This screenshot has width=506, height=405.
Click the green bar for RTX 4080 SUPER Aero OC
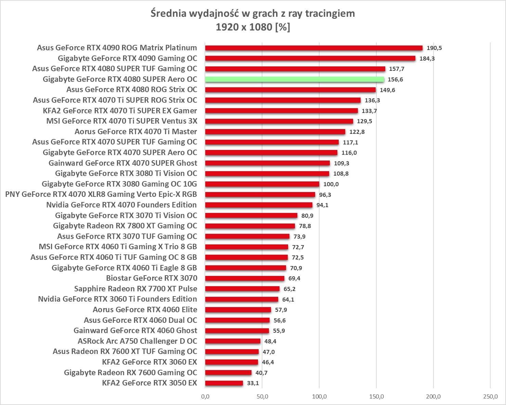click(x=294, y=79)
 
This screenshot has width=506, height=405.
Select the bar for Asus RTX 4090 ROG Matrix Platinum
click(x=314, y=48)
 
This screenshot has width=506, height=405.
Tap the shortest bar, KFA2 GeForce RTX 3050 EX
click(x=224, y=383)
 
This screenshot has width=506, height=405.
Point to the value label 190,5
click(x=434, y=48)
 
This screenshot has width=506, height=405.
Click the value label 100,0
click(x=331, y=184)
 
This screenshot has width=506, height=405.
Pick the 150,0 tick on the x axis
click(x=376, y=397)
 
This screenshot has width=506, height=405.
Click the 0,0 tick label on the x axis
click(x=205, y=397)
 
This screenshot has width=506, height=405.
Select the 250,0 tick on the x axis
click(x=490, y=397)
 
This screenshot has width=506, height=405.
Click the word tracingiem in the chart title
click(x=330, y=14)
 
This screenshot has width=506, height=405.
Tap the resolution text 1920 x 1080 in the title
click(x=244, y=27)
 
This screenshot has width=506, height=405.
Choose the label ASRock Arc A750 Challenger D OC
click(x=138, y=341)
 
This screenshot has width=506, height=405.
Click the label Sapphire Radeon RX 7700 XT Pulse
click(x=135, y=289)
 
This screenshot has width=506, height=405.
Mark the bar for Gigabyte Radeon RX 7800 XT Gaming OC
click(x=250, y=226)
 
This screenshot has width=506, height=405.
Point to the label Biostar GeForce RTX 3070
click(x=152, y=278)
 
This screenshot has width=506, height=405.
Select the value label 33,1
click(x=253, y=383)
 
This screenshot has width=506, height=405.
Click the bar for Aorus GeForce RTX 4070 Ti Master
click(x=275, y=132)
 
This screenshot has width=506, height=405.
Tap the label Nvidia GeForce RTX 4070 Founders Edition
click(x=121, y=205)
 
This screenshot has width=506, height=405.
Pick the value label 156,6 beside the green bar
click(x=395, y=79)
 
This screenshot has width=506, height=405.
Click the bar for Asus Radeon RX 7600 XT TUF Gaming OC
click(x=232, y=352)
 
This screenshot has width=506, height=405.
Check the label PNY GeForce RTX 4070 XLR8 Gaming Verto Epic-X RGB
click(x=101, y=194)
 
